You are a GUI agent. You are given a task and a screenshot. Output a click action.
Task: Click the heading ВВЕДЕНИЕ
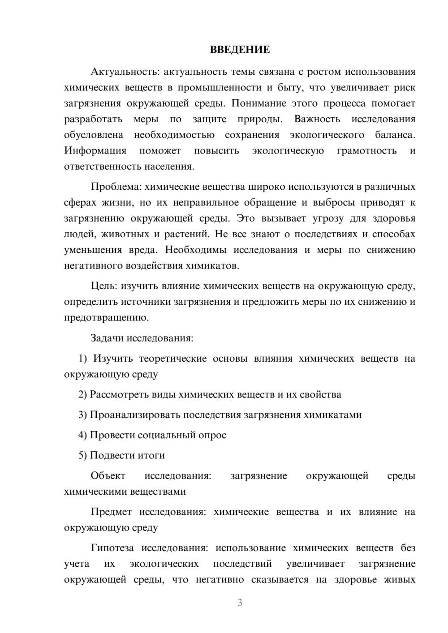click(240, 50)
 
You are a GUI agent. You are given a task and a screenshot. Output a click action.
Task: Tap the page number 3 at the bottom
click(240, 603)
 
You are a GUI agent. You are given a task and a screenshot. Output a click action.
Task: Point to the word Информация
click(95, 150)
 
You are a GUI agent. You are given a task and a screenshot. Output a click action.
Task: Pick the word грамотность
click(366, 150)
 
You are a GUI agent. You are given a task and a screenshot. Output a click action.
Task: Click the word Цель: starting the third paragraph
click(104, 286)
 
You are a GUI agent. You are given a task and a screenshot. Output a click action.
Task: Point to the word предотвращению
click(106, 318)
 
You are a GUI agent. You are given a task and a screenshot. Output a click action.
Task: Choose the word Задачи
click(107, 338)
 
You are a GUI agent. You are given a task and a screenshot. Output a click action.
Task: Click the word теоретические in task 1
click(173, 359)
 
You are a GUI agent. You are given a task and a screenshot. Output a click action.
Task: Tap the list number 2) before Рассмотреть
click(82, 394)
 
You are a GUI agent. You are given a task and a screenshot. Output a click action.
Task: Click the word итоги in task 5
click(151, 455)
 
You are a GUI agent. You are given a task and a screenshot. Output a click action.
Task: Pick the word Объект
click(108, 475)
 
